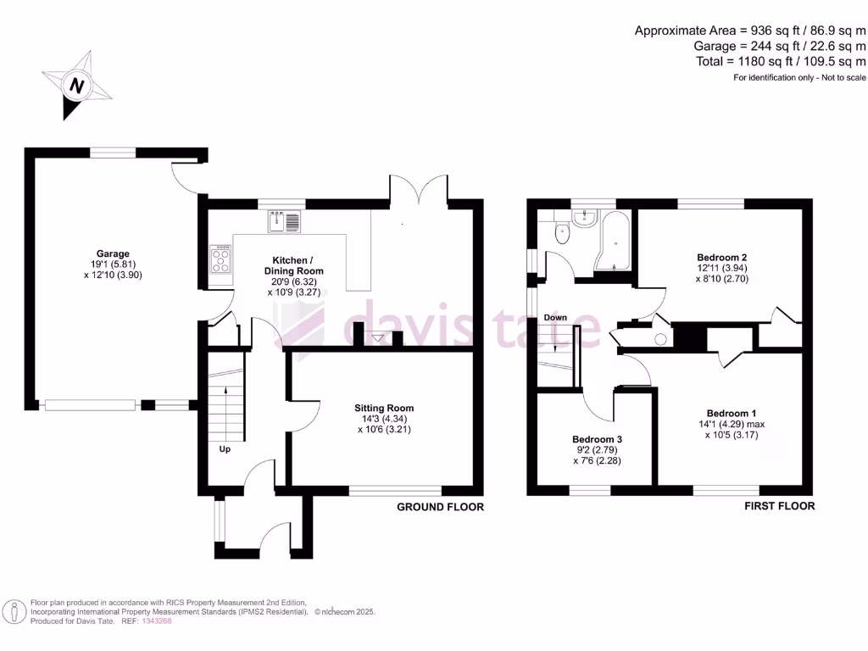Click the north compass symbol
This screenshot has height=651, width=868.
(77, 86)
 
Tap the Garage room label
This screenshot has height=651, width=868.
(113, 253)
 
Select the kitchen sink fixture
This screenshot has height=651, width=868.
(286, 222)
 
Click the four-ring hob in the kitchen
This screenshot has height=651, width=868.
(221, 259)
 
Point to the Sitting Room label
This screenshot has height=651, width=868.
(384, 408)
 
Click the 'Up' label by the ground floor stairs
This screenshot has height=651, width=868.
(225, 448)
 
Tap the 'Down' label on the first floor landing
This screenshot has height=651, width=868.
(555, 318)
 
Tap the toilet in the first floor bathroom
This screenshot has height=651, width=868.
(560, 233)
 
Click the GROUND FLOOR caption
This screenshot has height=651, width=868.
(441, 507)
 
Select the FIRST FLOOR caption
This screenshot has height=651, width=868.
(779, 506)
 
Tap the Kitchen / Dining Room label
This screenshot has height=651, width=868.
(298, 265)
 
